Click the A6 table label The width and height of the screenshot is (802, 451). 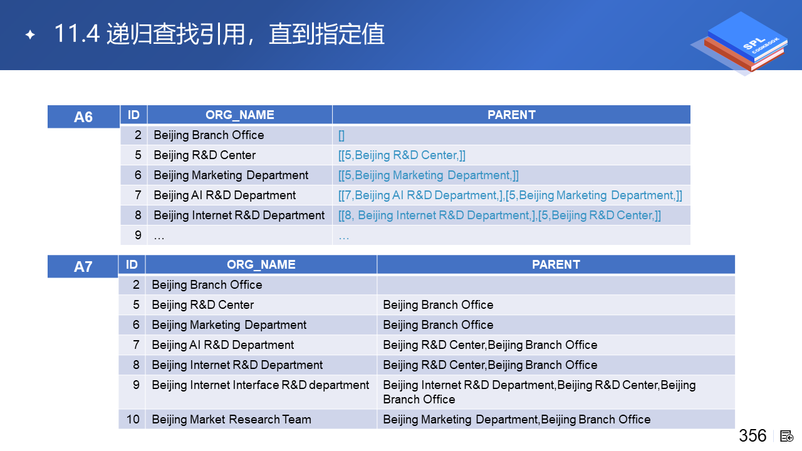[83, 117]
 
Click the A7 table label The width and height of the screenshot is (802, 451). [83, 267]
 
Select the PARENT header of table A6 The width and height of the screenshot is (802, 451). [511, 115]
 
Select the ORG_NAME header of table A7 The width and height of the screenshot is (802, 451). [261, 264]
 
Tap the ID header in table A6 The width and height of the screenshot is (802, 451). [133, 115]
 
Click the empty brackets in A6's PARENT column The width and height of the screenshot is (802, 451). [341, 135]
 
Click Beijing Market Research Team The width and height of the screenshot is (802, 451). [231, 419]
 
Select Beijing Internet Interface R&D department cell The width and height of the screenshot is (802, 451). [260, 385]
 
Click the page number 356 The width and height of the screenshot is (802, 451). [753, 435]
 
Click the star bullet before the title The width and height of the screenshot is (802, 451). [30, 34]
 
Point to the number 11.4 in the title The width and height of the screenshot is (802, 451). [76, 34]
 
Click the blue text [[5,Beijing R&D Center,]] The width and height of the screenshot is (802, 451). [402, 155]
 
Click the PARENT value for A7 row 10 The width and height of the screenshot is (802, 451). [517, 419]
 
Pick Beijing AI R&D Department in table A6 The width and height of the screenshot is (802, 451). [224, 195]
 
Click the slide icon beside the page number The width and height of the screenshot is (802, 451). [786, 437]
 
